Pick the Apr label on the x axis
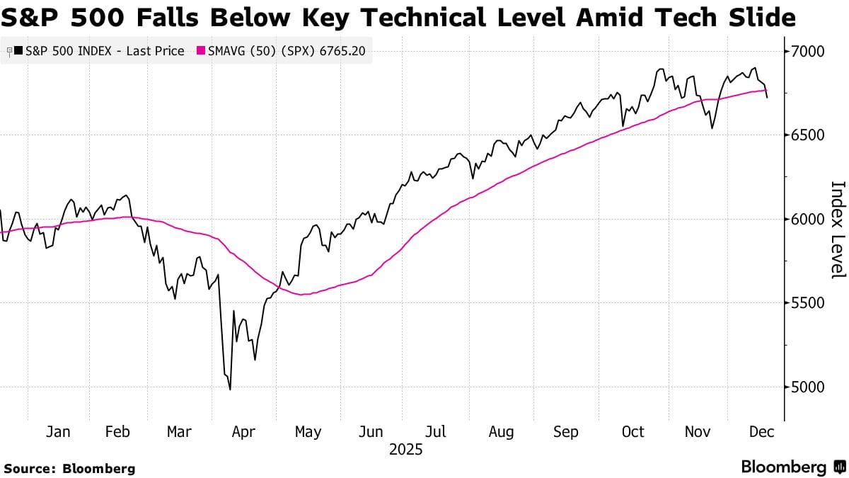(x=243, y=432)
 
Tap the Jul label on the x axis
(x=435, y=432)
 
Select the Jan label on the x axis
(x=57, y=432)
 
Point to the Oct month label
(x=633, y=432)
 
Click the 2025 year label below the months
(x=405, y=450)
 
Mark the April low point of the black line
(x=230, y=389)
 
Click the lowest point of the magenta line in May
(x=302, y=295)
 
